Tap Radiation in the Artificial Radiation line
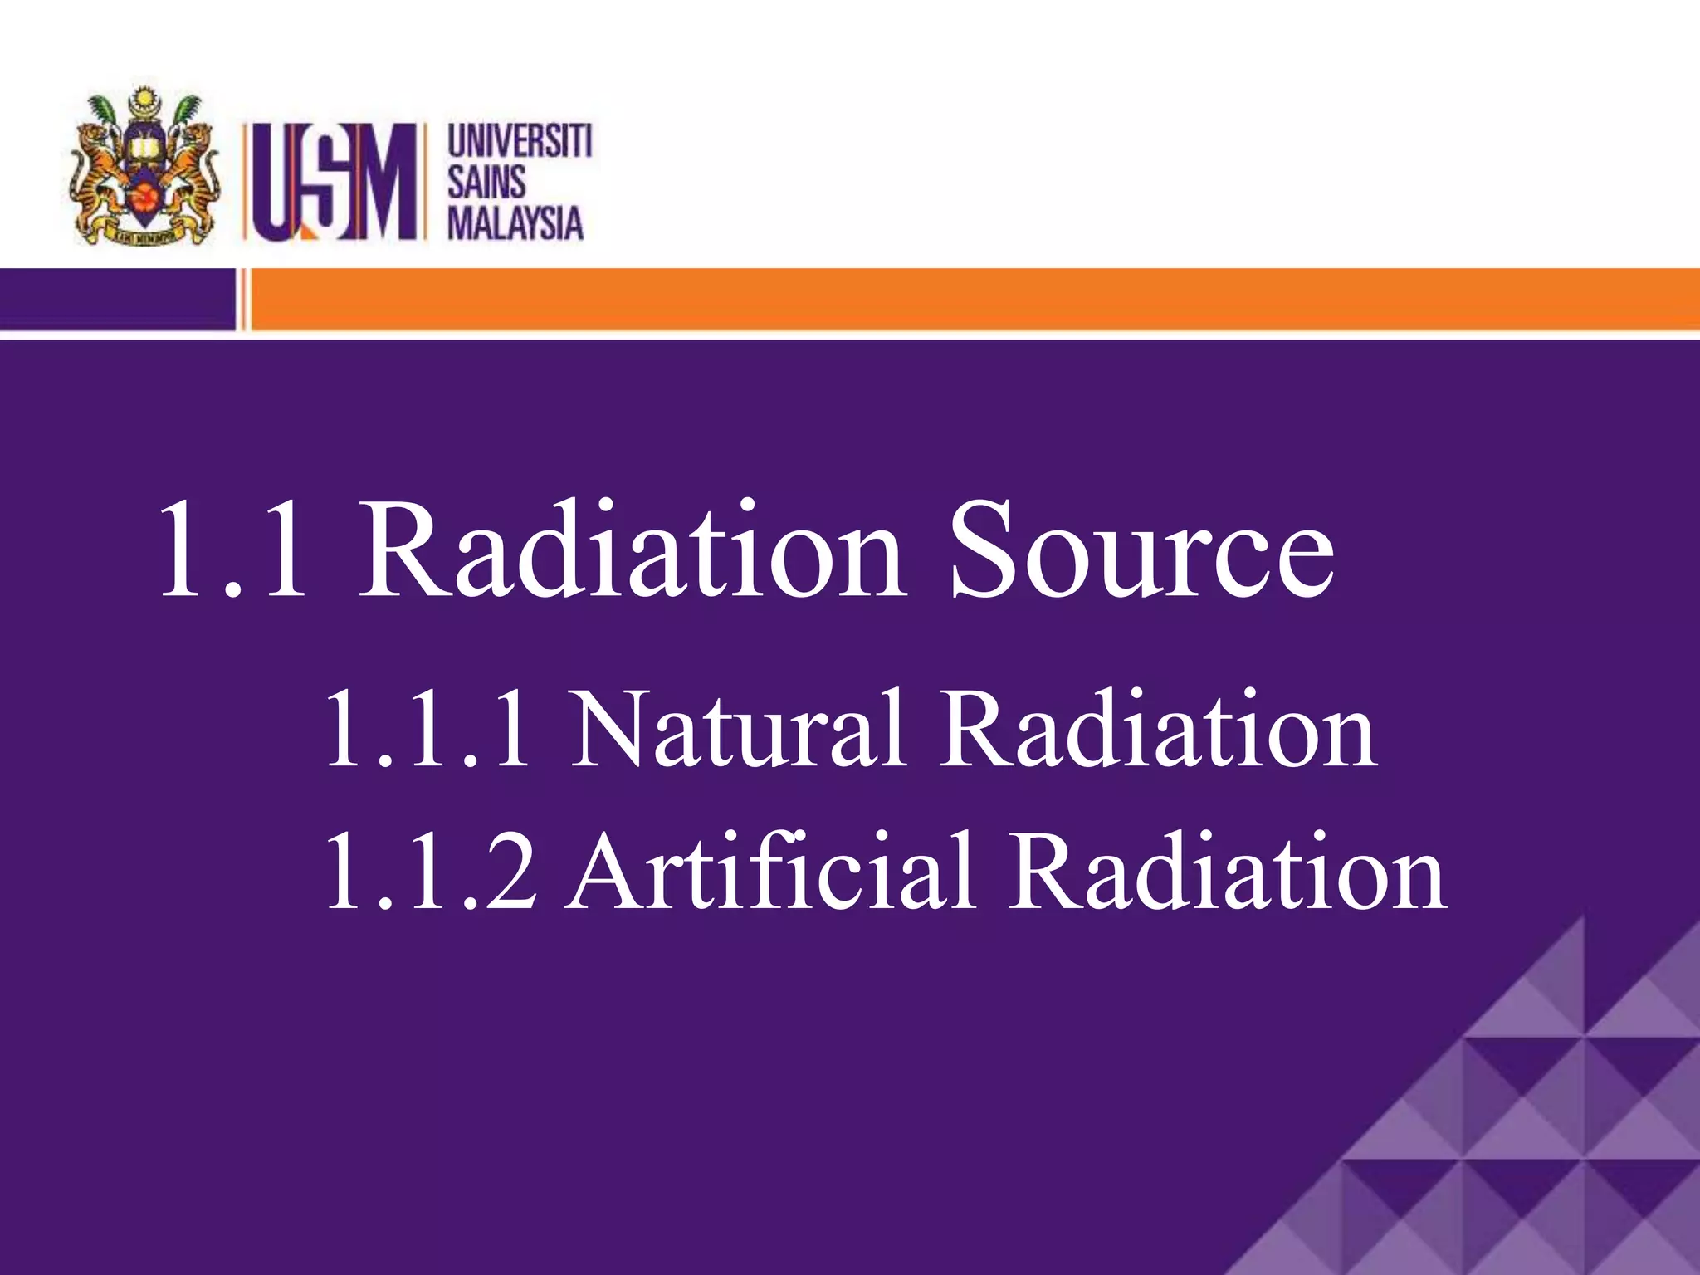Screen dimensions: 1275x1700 coord(1229,872)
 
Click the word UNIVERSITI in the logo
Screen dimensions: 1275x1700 coord(520,140)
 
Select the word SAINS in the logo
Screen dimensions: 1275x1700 coord(487,182)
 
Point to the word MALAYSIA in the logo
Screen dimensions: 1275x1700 coord(515,223)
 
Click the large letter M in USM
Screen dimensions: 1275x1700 coord(382,182)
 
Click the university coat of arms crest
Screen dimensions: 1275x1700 coord(145,166)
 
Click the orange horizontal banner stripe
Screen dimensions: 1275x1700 coord(971,299)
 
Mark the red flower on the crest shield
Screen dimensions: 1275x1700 coord(147,198)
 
